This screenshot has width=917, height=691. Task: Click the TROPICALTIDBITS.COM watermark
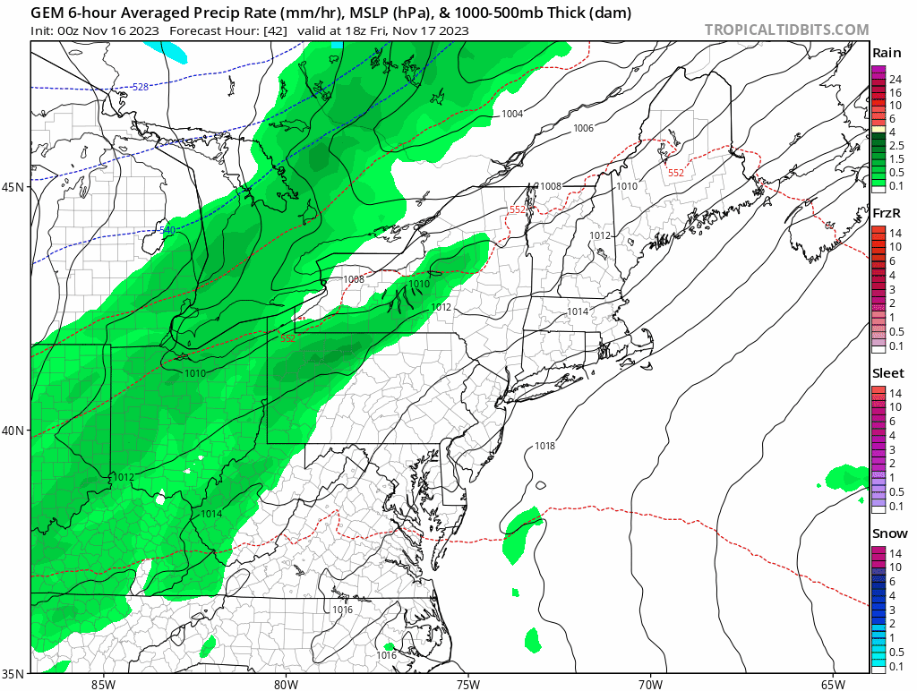(786, 30)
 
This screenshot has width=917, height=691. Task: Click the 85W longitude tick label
(103, 684)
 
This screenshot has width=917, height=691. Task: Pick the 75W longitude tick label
(467, 684)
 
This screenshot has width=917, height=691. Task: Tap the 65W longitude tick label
(833, 684)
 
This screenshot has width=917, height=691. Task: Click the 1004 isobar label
(512, 114)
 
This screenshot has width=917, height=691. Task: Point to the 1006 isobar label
(583, 128)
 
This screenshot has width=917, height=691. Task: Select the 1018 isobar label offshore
(544, 446)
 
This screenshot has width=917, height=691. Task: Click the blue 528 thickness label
(140, 87)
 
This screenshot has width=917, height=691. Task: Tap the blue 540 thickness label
(167, 231)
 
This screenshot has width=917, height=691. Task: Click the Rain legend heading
(887, 53)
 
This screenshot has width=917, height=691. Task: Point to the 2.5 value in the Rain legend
(896, 145)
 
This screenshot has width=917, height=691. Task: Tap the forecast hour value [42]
(273, 30)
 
